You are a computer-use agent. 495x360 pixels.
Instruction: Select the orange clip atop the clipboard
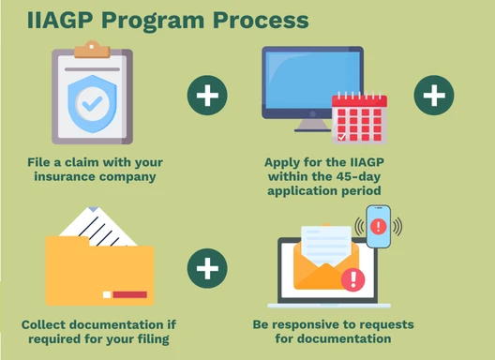coord(92,48)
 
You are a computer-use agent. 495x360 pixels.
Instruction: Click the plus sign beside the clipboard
coord(207,96)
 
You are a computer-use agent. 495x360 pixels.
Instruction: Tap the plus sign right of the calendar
coord(433,96)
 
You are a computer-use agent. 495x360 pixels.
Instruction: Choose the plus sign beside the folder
coord(207,269)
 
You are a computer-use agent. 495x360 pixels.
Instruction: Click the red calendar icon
coord(359,118)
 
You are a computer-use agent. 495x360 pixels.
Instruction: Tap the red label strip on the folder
coord(129,294)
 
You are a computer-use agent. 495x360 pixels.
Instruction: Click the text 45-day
coord(322,175)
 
